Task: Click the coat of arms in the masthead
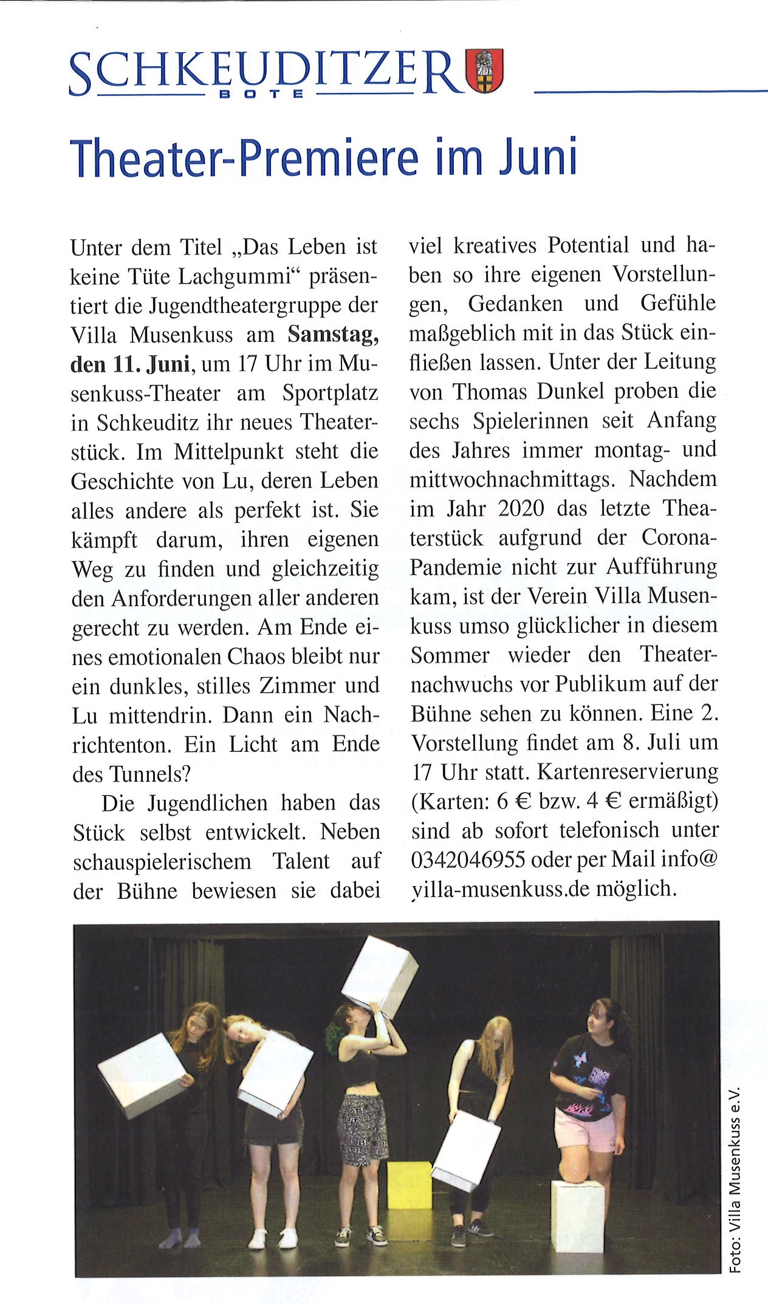point(484,70)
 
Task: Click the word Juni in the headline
point(537,158)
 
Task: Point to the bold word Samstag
point(332,335)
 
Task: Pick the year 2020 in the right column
point(521,508)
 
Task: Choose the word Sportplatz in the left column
point(330,394)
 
